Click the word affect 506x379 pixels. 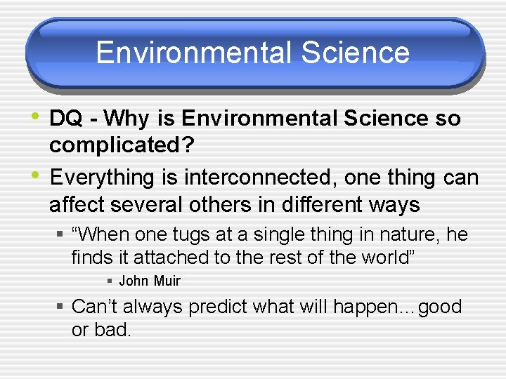point(74,205)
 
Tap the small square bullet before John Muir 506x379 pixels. point(110,281)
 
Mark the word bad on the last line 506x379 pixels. point(113,329)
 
